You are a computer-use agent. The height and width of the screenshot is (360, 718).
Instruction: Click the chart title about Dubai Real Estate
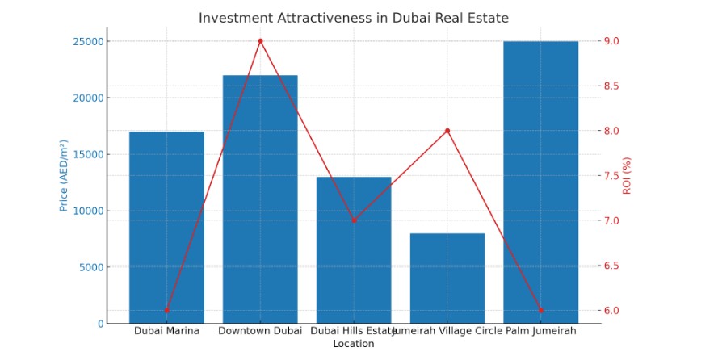pyautogui.click(x=354, y=18)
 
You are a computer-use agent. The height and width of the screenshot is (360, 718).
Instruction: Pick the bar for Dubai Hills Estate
pyautogui.click(x=354, y=250)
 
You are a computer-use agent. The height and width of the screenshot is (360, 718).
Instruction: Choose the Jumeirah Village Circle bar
pyautogui.click(x=447, y=278)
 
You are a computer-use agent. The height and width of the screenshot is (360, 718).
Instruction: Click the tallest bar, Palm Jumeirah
pyautogui.click(x=540, y=182)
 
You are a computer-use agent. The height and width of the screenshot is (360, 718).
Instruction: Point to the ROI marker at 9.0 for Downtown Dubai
pyautogui.click(x=260, y=41)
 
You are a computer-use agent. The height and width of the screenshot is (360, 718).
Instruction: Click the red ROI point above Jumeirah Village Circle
pyautogui.click(x=447, y=131)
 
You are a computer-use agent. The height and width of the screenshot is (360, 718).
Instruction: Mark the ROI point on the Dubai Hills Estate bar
pyautogui.click(x=354, y=220)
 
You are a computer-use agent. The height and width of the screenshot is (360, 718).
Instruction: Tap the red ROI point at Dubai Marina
pyautogui.click(x=166, y=310)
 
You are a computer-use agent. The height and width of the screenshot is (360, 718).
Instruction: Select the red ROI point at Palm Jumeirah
pyautogui.click(x=540, y=310)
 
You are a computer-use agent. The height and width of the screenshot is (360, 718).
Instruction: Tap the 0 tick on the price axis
pyautogui.click(x=100, y=324)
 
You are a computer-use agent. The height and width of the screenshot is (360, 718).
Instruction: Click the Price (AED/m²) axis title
pyautogui.click(x=63, y=175)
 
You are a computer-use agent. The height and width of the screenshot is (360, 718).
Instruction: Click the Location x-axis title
pyautogui.click(x=354, y=344)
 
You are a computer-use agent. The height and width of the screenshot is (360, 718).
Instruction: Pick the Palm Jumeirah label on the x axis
pyautogui.click(x=540, y=331)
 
